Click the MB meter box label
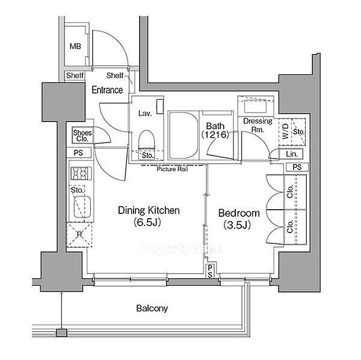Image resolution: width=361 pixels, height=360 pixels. pyautogui.click(x=75, y=46)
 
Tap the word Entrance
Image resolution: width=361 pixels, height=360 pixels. pyautogui.click(x=107, y=90)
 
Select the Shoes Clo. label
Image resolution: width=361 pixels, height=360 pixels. pyautogui.click(x=82, y=136)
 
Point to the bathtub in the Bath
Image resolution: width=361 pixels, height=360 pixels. pyautogui.click(x=184, y=135)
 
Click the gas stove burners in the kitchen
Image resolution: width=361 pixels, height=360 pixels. pyautogui.click(x=81, y=173)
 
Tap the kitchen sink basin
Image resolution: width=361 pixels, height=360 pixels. pyautogui.click(x=82, y=207)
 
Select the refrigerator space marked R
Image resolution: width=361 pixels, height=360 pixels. pyautogui.click(x=79, y=234)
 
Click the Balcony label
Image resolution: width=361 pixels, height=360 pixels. pyautogui.click(x=152, y=308)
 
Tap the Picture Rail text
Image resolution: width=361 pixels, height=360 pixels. pyautogui.click(x=172, y=169)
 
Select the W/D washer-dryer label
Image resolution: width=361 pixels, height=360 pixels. pyautogui.click(x=285, y=132)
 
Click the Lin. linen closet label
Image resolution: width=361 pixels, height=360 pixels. pyautogui.click(x=292, y=154)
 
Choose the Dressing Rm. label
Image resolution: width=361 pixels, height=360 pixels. pyautogui.click(x=258, y=125)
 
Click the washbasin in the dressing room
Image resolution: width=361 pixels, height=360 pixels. pyautogui.click(x=255, y=106)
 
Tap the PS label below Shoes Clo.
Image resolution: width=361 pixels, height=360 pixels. pyautogui.click(x=78, y=153)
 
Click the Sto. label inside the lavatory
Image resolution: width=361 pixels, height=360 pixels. pyautogui.click(x=147, y=156)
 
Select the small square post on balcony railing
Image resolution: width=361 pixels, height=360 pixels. pyautogui.click(x=62, y=332)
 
